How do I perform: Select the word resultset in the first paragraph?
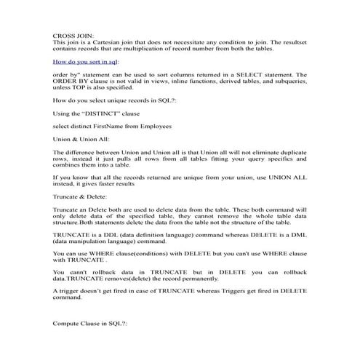pos(289,42)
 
